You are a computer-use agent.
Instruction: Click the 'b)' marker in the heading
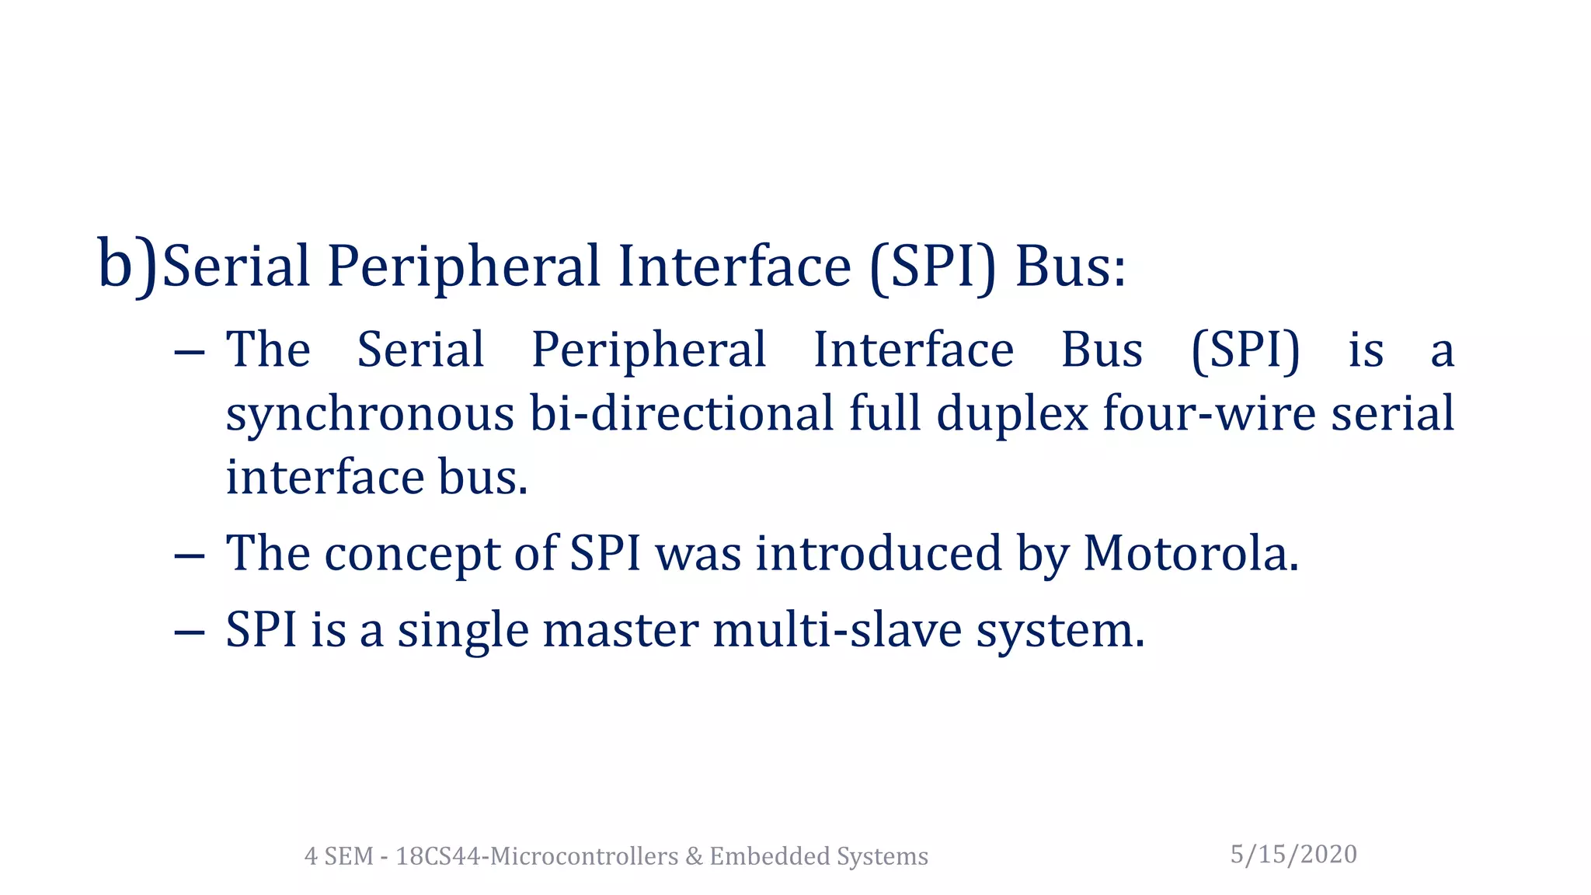pyautogui.click(x=127, y=266)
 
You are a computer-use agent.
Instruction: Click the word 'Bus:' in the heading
pyautogui.click(x=1070, y=266)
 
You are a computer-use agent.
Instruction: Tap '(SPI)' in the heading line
pyautogui.click(x=932, y=266)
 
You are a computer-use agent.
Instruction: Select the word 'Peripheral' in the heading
pyautogui.click(x=464, y=266)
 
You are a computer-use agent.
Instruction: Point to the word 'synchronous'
pyautogui.click(x=370, y=414)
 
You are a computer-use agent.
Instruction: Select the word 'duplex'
pyautogui.click(x=1011, y=414)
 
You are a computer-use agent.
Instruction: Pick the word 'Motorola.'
pyautogui.click(x=1190, y=553)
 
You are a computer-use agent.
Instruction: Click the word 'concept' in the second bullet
pyautogui.click(x=412, y=555)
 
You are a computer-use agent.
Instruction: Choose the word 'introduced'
pyautogui.click(x=878, y=553)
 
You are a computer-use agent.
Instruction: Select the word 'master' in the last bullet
pyautogui.click(x=620, y=630)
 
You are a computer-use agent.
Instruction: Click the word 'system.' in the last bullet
pyautogui.click(x=1060, y=631)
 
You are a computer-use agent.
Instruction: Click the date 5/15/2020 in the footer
pyautogui.click(x=1293, y=854)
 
